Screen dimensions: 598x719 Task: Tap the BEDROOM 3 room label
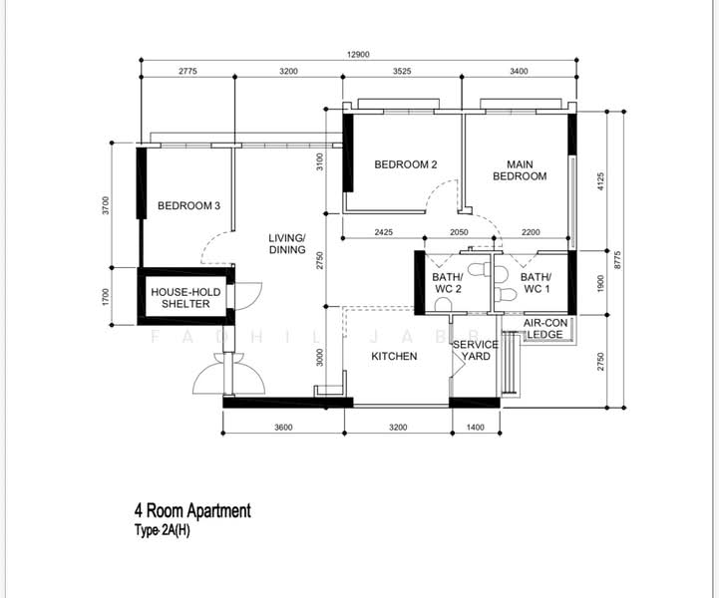(188, 206)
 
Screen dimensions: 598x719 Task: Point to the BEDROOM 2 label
(406, 164)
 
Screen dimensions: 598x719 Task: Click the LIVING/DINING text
(287, 244)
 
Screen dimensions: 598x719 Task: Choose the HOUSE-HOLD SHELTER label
(180, 298)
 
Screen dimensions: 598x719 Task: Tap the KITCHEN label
(394, 356)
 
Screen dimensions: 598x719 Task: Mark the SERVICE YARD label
(476, 351)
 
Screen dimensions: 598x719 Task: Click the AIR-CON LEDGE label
(545, 329)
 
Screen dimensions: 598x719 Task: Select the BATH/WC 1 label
(536, 283)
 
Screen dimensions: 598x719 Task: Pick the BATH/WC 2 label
(447, 283)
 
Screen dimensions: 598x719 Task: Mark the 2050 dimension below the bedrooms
(459, 232)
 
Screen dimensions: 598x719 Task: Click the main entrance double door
(228, 379)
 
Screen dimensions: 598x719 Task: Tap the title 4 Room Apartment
(192, 511)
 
